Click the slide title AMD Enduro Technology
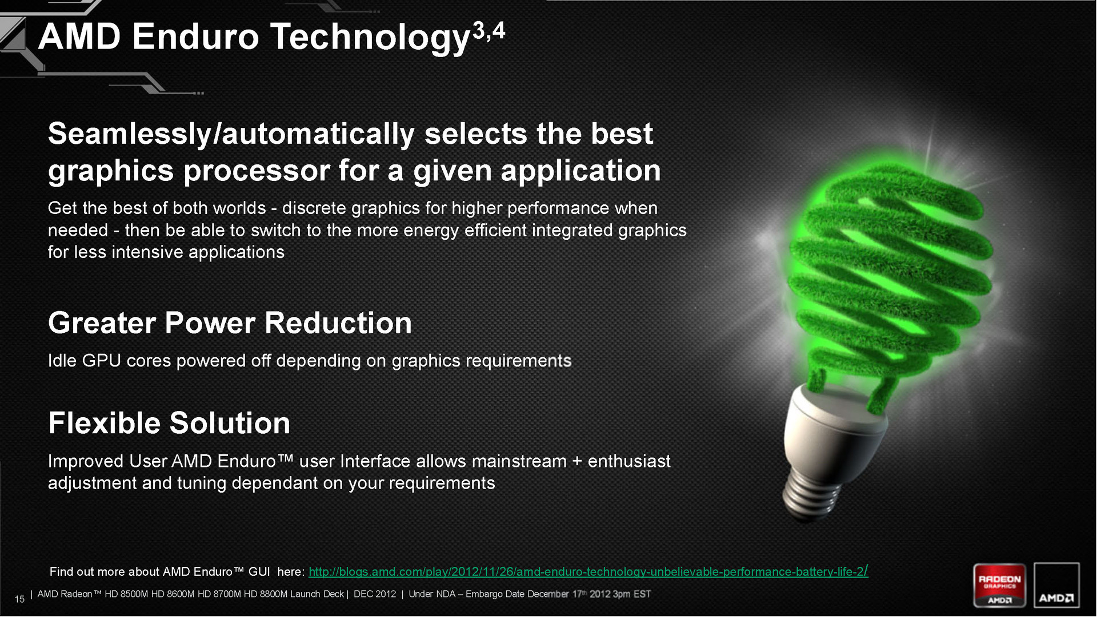coord(255,38)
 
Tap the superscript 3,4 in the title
coord(489,31)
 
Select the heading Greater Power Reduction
coord(230,323)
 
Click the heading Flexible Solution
coord(169,423)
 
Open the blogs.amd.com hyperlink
coord(588,571)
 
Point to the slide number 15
coord(19,599)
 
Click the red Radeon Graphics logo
coord(1000,586)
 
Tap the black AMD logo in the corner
coord(1056,586)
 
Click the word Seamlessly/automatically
coord(231,134)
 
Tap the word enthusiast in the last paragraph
coord(629,461)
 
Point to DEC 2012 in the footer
coord(375,594)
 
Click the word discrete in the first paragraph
coord(314,208)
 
